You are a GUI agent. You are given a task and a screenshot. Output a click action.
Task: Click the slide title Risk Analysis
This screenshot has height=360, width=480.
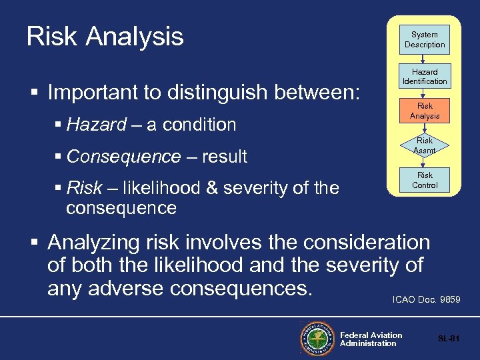tap(105, 37)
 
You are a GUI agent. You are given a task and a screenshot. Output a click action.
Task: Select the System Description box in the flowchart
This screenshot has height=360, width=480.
tap(424, 39)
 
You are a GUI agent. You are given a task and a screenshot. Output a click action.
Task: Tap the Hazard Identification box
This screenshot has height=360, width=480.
tap(424, 76)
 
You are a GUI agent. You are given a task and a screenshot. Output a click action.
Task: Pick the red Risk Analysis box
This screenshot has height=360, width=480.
tap(424, 111)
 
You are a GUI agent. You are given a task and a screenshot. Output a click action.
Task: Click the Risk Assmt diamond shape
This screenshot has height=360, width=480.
tap(424, 145)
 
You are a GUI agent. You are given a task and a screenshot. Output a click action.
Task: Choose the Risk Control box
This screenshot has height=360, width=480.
tap(424, 180)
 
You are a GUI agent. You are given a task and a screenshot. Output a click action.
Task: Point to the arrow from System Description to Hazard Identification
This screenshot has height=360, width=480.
tap(424, 59)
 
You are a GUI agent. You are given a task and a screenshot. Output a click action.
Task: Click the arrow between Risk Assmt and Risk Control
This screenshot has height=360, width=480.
tap(424, 163)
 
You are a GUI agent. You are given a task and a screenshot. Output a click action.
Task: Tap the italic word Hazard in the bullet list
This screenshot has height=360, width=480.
tap(97, 125)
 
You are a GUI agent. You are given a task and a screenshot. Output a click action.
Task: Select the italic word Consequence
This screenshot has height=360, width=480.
tap(123, 157)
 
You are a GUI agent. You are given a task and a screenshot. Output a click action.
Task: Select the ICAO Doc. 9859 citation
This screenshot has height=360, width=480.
tap(427, 300)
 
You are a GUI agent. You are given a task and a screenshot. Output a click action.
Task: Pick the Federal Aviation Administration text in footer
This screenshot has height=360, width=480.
tap(371, 339)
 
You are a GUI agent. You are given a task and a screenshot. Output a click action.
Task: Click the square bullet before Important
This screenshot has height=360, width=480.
tap(33, 93)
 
